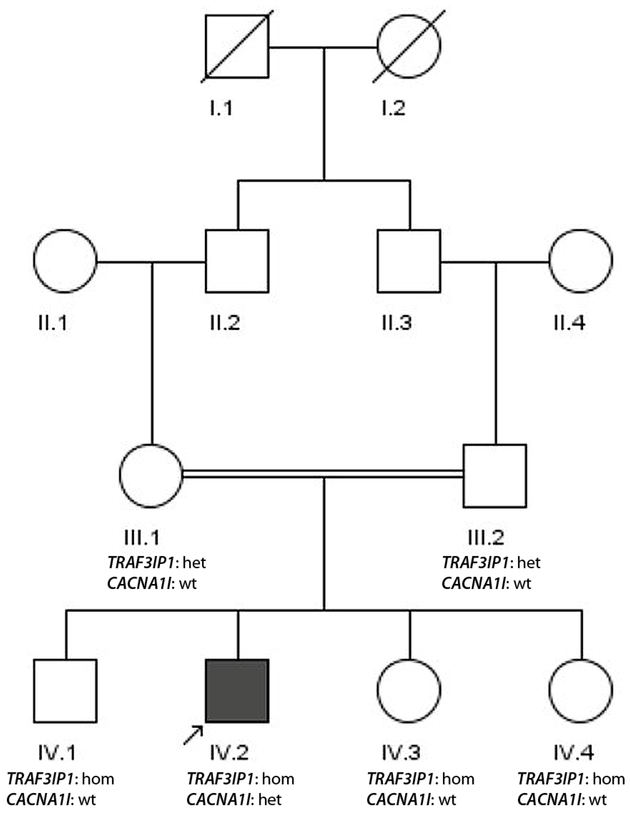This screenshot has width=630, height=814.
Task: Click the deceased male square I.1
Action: click(237, 46)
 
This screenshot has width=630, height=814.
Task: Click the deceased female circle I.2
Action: click(409, 46)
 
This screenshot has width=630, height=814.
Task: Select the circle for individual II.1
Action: click(65, 261)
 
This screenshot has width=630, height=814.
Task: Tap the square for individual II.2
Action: click(237, 261)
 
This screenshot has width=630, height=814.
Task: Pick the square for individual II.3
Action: click(409, 261)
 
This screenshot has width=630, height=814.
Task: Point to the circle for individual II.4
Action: click(581, 261)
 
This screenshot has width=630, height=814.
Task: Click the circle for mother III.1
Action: click(151, 476)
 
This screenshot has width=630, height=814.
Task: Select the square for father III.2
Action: click(495, 476)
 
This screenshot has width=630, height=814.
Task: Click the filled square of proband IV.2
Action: click(237, 691)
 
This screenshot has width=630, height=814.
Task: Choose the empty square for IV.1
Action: click(65, 691)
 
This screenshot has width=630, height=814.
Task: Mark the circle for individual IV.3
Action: click(409, 691)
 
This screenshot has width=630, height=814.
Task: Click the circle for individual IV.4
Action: click(581, 691)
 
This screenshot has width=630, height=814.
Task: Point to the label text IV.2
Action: click(229, 753)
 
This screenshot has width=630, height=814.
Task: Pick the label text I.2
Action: click(394, 108)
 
